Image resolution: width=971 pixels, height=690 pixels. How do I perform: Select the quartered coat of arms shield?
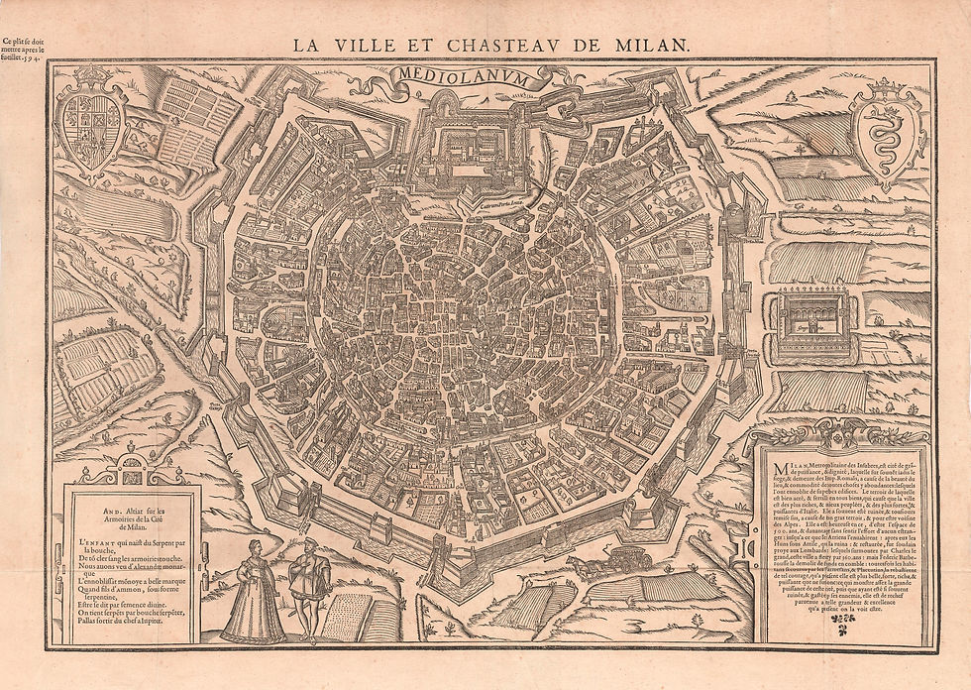tap(93, 131)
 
